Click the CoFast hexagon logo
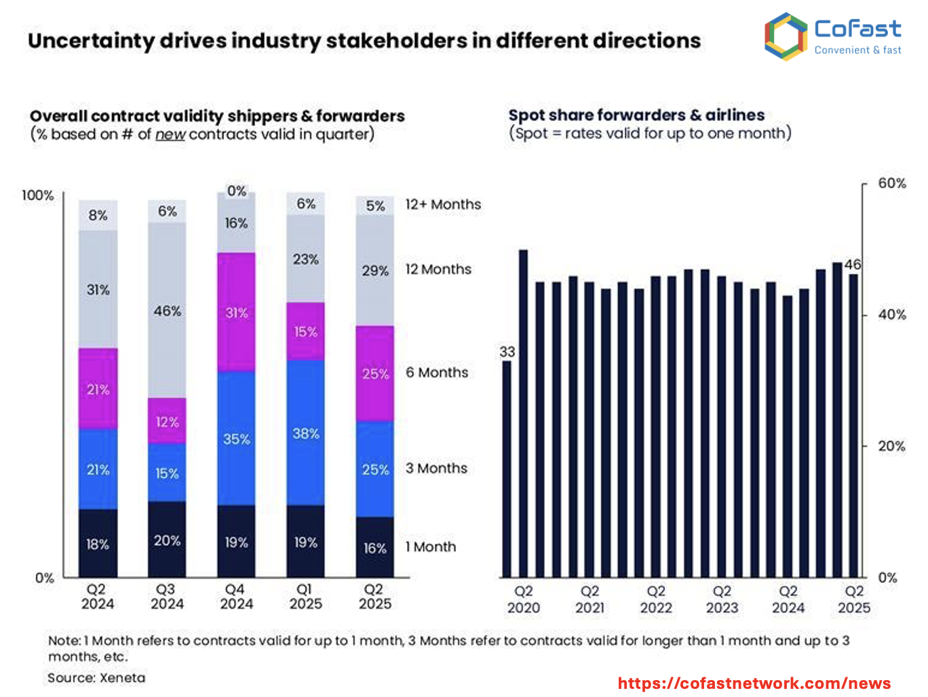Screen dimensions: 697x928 pyautogui.click(x=786, y=37)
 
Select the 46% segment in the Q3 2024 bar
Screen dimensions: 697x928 pyautogui.click(x=167, y=311)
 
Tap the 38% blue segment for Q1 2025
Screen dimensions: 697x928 pyautogui.click(x=305, y=433)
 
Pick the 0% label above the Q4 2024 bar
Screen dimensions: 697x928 pyautogui.click(x=237, y=191)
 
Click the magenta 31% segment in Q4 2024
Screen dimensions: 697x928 pyautogui.click(x=237, y=313)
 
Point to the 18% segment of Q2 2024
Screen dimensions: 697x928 pyautogui.click(x=98, y=544)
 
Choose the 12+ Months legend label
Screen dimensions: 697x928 pyautogui.click(x=443, y=204)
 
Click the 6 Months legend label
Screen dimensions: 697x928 pyautogui.click(x=437, y=372)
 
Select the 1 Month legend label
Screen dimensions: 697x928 pyautogui.click(x=431, y=546)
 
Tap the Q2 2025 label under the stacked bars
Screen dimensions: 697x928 pyautogui.click(x=374, y=597)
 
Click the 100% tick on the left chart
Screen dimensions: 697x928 pyautogui.click(x=37, y=195)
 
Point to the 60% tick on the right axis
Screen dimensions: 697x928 pyautogui.click(x=891, y=183)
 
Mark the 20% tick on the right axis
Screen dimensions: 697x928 pyautogui.click(x=891, y=446)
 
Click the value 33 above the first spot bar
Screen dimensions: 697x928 pyautogui.click(x=507, y=351)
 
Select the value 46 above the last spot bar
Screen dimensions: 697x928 pyautogui.click(x=853, y=264)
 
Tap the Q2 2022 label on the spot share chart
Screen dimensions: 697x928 pyautogui.click(x=656, y=599)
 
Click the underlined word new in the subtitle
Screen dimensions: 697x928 pyautogui.click(x=170, y=134)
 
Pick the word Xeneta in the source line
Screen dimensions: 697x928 pyautogui.click(x=122, y=677)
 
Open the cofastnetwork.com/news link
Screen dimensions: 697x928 pyautogui.click(x=754, y=683)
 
